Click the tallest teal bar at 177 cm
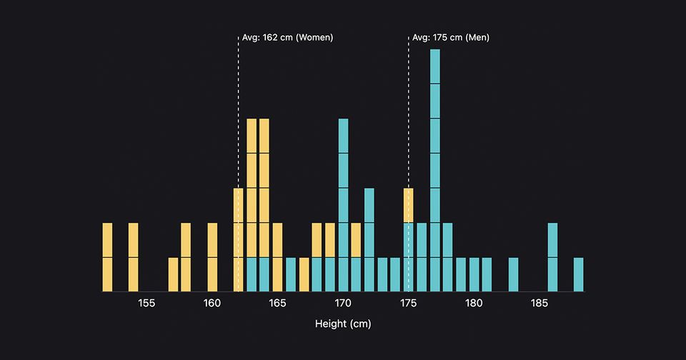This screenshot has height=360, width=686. [434, 170]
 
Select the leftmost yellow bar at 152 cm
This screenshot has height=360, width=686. [107, 257]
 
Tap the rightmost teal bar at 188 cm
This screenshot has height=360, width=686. [578, 274]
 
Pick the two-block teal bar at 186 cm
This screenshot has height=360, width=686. [552, 257]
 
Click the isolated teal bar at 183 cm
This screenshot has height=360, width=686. [513, 274]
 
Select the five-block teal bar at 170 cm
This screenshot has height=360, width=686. [343, 205]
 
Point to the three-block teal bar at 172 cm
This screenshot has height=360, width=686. [369, 239]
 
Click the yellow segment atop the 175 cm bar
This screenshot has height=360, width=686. [409, 205]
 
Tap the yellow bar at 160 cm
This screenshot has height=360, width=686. [212, 257]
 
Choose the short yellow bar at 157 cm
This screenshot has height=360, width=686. [173, 274]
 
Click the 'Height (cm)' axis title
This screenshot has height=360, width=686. [343, 324]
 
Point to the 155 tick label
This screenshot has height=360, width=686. [146, 303]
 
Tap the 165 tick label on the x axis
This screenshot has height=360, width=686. [277, 303]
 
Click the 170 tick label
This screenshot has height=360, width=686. [343, 303]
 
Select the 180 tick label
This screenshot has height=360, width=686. [474, 303]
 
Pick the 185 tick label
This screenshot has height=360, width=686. [540, 303]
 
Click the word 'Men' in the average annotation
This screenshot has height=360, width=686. [477, 37]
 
